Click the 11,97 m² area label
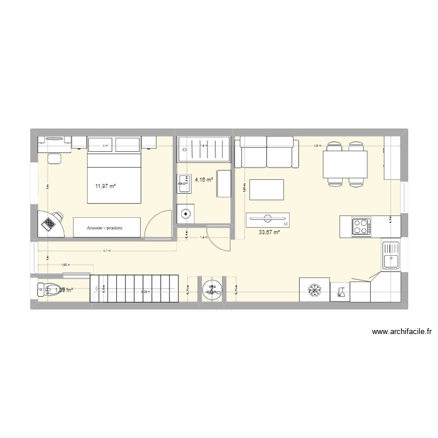(x=105, y=187)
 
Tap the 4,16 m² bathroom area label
(x=203, y=180)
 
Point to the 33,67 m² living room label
(x=269, y=232)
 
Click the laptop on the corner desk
(x=50, y=222)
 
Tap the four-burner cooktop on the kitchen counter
(x=360, y=226)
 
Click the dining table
(x=346, y=163)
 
